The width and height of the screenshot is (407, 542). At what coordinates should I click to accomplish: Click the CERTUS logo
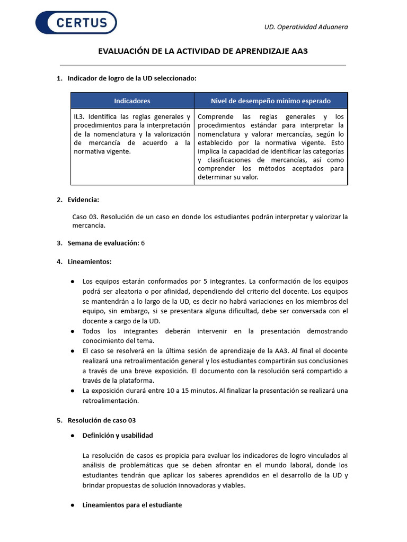pos(76,23)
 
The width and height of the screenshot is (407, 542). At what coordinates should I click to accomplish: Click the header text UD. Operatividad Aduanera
pos(306,27)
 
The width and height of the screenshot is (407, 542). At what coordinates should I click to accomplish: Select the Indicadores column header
pos(132,101)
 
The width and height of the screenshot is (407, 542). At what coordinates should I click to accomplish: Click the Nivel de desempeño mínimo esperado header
pos(271,101)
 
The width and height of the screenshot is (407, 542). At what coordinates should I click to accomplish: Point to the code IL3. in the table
pos(79,116)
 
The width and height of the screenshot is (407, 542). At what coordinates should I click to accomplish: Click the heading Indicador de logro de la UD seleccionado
pos(132,78)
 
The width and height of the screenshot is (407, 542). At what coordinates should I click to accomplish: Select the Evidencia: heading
pos(83,200)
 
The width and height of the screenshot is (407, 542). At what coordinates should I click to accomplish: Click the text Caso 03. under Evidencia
pos(85,216)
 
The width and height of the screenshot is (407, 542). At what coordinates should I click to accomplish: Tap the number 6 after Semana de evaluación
pos(143,243)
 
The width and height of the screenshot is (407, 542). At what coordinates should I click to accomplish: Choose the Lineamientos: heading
pos(90,261)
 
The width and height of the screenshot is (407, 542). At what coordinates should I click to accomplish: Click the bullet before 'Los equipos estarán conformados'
pos(72,281)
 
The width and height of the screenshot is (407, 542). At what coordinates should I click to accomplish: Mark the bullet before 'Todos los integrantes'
pos(72,331)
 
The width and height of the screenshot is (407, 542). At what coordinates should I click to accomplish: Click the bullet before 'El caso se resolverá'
pos(72,351)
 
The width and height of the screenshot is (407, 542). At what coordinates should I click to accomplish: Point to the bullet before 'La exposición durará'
pos(72,391)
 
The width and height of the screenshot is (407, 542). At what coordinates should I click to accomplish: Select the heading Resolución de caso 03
pos(102,420)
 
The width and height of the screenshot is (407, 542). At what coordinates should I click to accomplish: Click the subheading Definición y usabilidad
pos(118,435)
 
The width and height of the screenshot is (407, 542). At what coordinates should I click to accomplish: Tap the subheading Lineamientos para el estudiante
pos(132,505)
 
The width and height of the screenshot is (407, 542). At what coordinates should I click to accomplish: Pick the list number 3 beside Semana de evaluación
pos(59,243)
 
